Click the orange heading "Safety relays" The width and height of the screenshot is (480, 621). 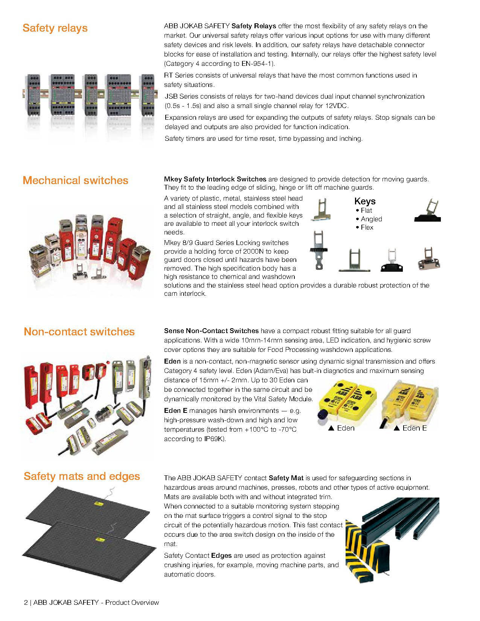[55, 28]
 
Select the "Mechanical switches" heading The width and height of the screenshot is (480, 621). [75, 180]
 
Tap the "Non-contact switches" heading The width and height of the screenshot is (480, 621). [79, 332]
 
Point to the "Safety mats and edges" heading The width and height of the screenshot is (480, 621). [82, 476]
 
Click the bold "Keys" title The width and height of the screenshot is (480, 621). [365, 201]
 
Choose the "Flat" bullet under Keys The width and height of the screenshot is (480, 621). [366, 210]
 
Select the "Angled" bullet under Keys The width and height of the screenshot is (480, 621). [371, 219]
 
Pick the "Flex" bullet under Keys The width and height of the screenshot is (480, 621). [367, 227]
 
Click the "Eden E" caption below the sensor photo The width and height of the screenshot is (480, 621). [414, 428]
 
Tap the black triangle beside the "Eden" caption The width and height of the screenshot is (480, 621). [332, 428]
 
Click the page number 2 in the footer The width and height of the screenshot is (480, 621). [26, 603]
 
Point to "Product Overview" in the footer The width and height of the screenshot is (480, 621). [132, 603]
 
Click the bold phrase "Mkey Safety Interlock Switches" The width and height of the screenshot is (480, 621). [215, 179]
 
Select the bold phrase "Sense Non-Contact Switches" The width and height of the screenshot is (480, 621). [211, 331]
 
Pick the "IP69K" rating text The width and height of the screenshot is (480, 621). [214, 439]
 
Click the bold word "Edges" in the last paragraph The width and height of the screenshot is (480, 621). [221, 556]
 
